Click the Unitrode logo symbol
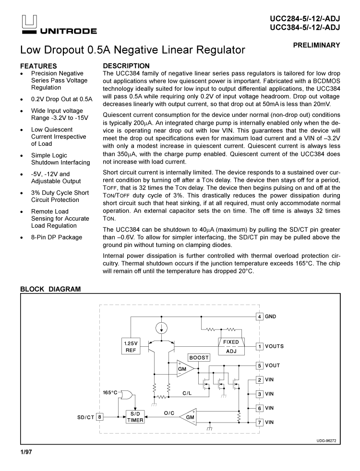[x=28, y=23]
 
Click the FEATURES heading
[x=38, y=66]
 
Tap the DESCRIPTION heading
[x=126, y=66]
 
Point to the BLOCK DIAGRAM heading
[x=50, y=289]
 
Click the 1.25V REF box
[x=131, y=347]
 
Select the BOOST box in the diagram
[x=199, y=358]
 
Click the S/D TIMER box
[x=135, y=417]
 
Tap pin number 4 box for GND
[x=259, y=317]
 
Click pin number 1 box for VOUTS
[x=259, y=346]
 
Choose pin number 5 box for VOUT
[x=259, y=365]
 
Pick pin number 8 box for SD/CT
[x=100, y=417]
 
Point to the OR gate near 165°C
[x=127, y=395]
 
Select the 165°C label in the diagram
[x=110, y=393]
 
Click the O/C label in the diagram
[x=169, y=413]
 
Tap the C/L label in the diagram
[x=188, y=393]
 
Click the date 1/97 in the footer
[x=26, y=452]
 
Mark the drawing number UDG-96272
[x=326, y=441]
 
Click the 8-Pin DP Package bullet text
[x=57, y=237]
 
